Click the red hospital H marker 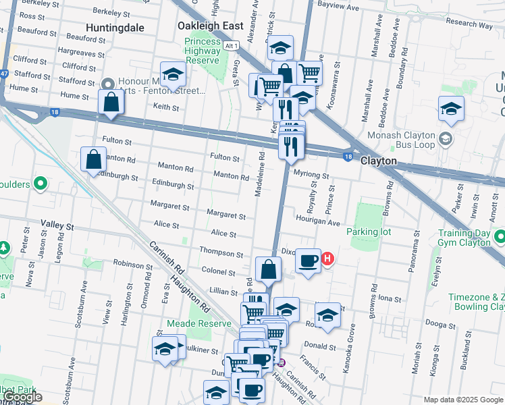tap(327, 258)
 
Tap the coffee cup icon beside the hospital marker tap(309, 260)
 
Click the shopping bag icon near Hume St tap(111, 103)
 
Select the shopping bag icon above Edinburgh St tap(94, 160)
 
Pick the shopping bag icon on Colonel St tap(269, 269)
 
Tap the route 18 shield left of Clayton tap(347, 157)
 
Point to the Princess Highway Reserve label tap(203, 51)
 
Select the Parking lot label tap(369, 232)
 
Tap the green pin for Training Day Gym tap(500, 237)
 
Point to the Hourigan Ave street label tap(317, 220)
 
